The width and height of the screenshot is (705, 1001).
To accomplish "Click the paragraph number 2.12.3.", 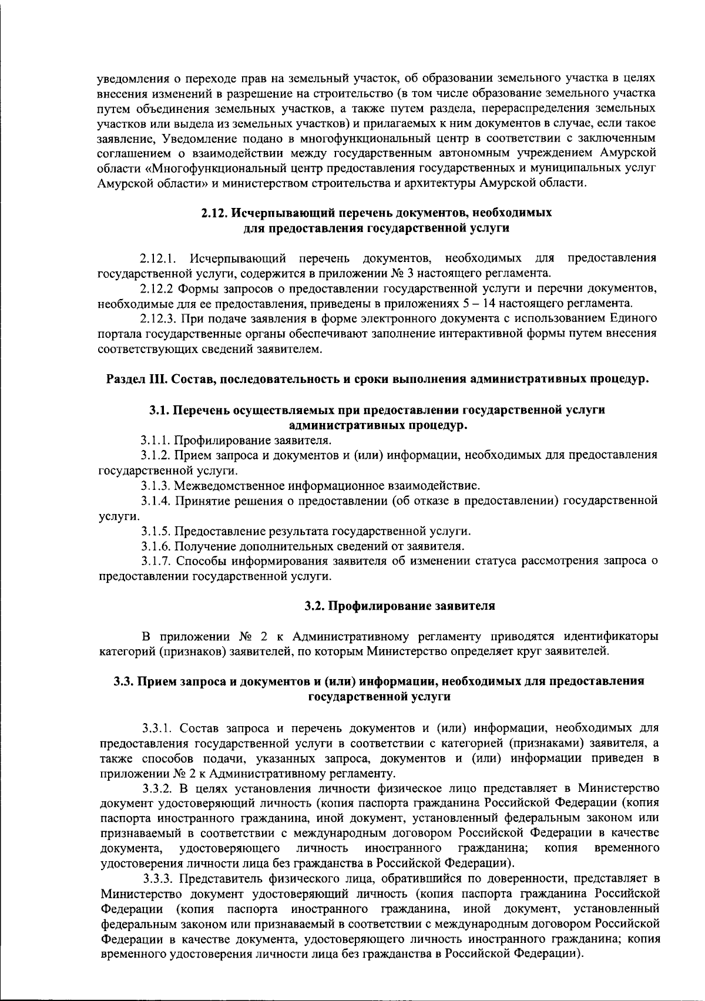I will [x=157, y=319].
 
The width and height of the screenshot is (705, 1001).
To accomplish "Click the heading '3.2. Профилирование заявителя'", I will [x=400, y=606].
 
